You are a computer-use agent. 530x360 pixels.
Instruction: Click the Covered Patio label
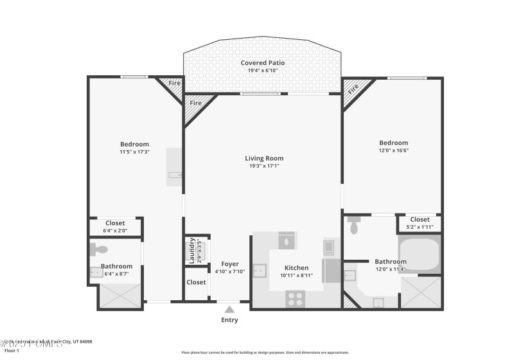coord(263,63)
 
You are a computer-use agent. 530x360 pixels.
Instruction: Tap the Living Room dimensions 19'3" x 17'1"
coord(263,166)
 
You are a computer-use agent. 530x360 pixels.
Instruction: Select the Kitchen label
coord(296,268)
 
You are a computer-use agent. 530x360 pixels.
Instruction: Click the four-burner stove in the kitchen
coord(295,298)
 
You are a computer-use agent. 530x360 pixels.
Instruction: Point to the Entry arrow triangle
coord(229,310)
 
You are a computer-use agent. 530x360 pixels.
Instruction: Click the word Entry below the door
coord(229,320)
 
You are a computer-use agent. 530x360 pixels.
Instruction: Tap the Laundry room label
coord(191,251)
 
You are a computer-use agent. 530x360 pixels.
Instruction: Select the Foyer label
coord(229,264)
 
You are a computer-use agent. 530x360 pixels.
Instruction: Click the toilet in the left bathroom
coord(99,249)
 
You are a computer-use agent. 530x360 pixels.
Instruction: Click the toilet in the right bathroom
coord(354,226)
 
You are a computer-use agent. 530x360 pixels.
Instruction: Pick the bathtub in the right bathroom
coord(419,253)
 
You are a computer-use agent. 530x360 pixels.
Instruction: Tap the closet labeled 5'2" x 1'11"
coord(420,223)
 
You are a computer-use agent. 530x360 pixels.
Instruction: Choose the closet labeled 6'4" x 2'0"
coord(115,227)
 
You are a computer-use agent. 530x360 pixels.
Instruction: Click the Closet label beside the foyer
coord(196,282)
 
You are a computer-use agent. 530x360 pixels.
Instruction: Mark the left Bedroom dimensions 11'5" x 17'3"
coord(134,152)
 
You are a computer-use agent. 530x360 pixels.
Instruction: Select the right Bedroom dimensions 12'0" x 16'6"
coord(393,150)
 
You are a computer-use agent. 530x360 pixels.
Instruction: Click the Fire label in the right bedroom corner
coord(353,89)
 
